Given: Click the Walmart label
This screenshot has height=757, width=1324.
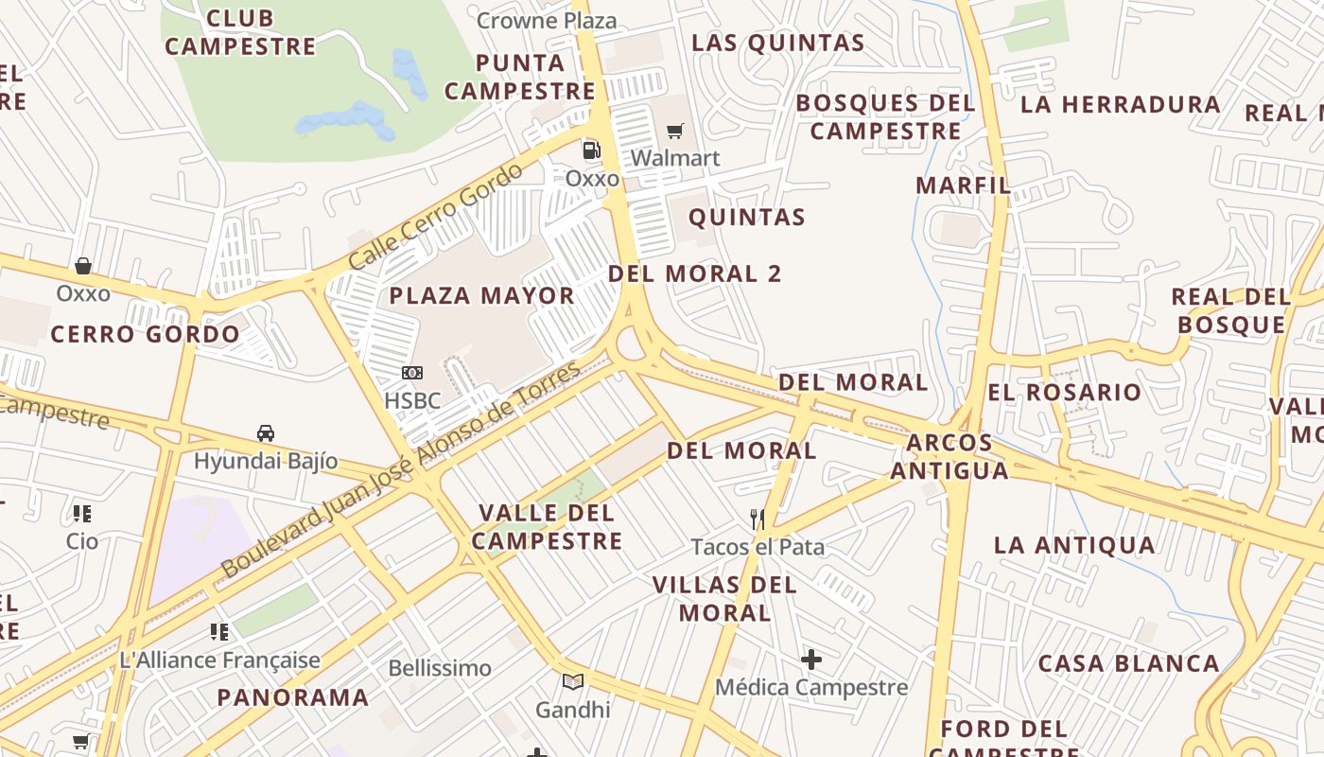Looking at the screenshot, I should click(x=675, y=158).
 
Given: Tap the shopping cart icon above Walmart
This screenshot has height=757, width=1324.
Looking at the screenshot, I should click(x=674, y=131).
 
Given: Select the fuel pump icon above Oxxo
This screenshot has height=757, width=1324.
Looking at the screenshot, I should click(x=591, y=150).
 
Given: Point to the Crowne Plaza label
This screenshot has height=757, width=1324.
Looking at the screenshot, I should click(x=547, y=20).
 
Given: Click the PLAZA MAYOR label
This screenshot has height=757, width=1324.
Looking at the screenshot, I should click(x=482, y=296).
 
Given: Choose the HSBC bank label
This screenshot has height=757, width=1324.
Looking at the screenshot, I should click(x=412, y=400).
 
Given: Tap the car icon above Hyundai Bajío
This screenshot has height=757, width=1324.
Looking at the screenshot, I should click(x=266, y=433).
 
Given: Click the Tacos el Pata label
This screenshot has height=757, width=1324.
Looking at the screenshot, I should click(x=758, y=547).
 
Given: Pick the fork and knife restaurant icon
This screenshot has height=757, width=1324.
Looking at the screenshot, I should click(x=758, y=519).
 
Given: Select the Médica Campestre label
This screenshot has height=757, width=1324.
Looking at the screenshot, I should click(x=811, y=687).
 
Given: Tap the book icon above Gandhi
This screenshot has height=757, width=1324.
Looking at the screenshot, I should click(x=572, y=681).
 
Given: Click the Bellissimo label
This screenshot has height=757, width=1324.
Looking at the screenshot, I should click(x=440, y=668).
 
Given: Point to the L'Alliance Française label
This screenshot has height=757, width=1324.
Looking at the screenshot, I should click(x=220, y=660).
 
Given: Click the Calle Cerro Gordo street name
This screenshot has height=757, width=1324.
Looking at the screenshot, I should click(x=435, y=218).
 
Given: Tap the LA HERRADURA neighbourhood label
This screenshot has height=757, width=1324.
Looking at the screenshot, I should click(x=1121, y=104).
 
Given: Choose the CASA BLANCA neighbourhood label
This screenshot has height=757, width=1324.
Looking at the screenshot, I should click(x=1129, y=663).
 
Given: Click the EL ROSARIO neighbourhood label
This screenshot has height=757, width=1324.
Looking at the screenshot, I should click(x=1065, y=392).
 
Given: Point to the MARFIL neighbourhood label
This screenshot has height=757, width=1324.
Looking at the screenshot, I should click(x=963, y=185).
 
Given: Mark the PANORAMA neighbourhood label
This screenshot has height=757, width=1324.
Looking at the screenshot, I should click(x=293, y=697).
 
